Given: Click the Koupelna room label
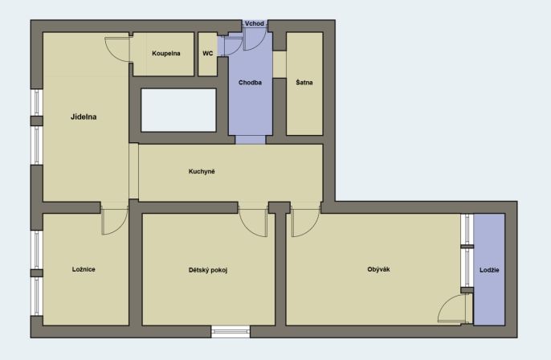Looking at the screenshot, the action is point(165,53).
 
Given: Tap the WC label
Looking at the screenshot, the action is point(208,53).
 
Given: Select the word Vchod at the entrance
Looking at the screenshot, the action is point(255,23).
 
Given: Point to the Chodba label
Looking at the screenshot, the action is point(250,83).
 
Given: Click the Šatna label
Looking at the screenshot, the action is point(304,82).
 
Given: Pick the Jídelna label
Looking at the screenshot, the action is point(84,117).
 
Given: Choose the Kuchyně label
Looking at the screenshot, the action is point(202,172).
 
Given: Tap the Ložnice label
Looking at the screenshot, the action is point(84,269).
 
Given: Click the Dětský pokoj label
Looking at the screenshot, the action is point(208,270).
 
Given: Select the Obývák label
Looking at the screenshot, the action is point(378,269).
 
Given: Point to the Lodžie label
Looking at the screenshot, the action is point(489,270).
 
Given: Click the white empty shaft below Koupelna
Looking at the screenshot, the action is point(178,110).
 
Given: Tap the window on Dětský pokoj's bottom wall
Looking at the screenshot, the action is point(231,332).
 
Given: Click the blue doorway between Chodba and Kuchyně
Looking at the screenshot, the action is point(251,140).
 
